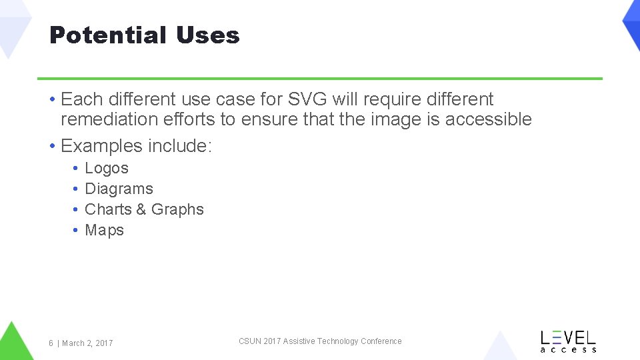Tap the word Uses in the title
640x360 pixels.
[x=207, y=35]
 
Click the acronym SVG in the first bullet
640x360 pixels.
[x=308, y=99]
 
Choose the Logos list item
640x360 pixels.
[x=107, y=169]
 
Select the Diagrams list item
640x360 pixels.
[x=119, y=189]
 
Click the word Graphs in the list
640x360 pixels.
[x=177, y=209]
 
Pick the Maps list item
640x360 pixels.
[x=104, y=230]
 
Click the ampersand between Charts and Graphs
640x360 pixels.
[x=141, y=209]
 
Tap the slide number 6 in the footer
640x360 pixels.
[x=51, y=343]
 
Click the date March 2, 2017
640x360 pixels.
[x=87, y=343]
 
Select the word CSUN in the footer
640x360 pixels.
[x=250, y=341]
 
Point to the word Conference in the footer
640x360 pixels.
[x=381, y=341]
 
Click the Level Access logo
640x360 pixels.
[x=568, y=341]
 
